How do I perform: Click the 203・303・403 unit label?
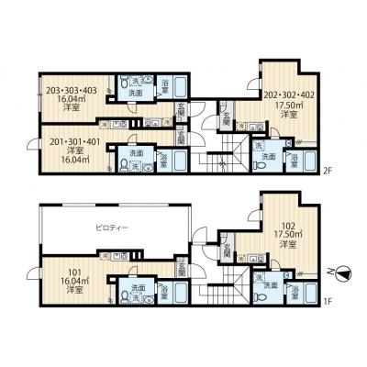[71, 90]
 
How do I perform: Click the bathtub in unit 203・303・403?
[179, 88]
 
